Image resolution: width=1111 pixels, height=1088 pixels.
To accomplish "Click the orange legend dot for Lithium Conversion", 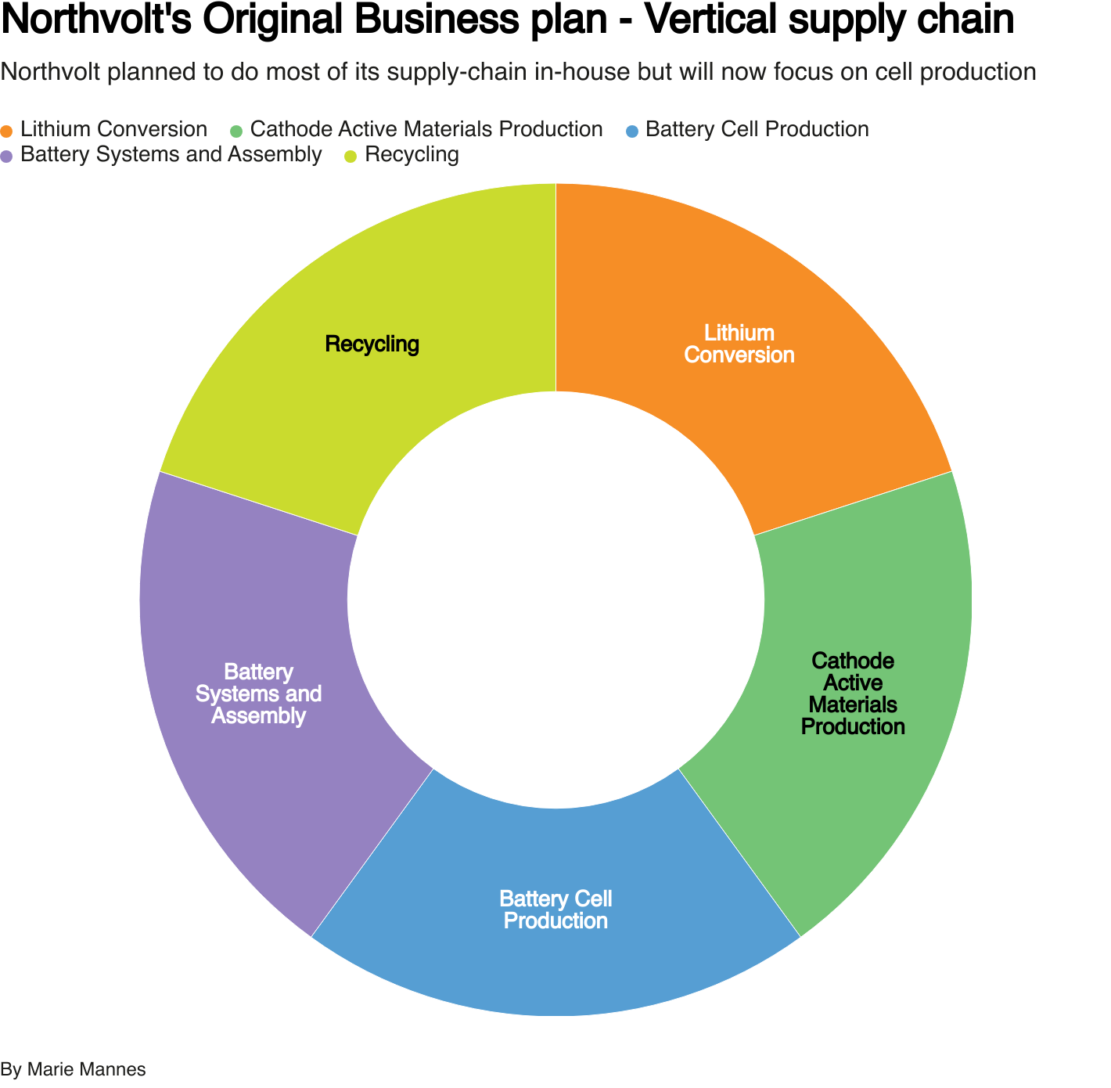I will (x=7, y=131).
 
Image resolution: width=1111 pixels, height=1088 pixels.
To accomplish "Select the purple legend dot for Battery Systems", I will (x=7, y=156).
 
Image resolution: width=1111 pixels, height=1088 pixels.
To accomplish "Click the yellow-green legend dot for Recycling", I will (x=351, y=156).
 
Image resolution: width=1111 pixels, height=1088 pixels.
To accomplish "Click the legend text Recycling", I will (x=412, y=155).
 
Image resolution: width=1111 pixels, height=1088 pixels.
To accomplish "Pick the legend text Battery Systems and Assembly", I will (x=171, y=155).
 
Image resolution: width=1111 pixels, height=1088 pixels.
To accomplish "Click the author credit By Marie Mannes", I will (x=73, y=1069).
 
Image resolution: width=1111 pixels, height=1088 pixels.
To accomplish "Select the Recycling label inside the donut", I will (x=372, y=344).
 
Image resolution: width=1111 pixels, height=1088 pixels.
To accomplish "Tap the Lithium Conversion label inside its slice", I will (x=739, y=344).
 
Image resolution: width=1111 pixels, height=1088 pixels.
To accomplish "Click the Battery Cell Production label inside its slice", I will (x=555, y=910).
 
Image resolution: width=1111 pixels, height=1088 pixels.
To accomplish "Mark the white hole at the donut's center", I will (x=555, y=600).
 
